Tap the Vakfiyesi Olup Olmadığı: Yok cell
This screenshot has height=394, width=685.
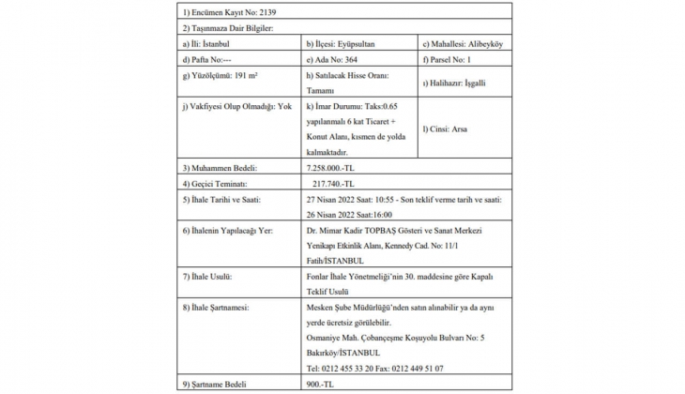230,106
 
